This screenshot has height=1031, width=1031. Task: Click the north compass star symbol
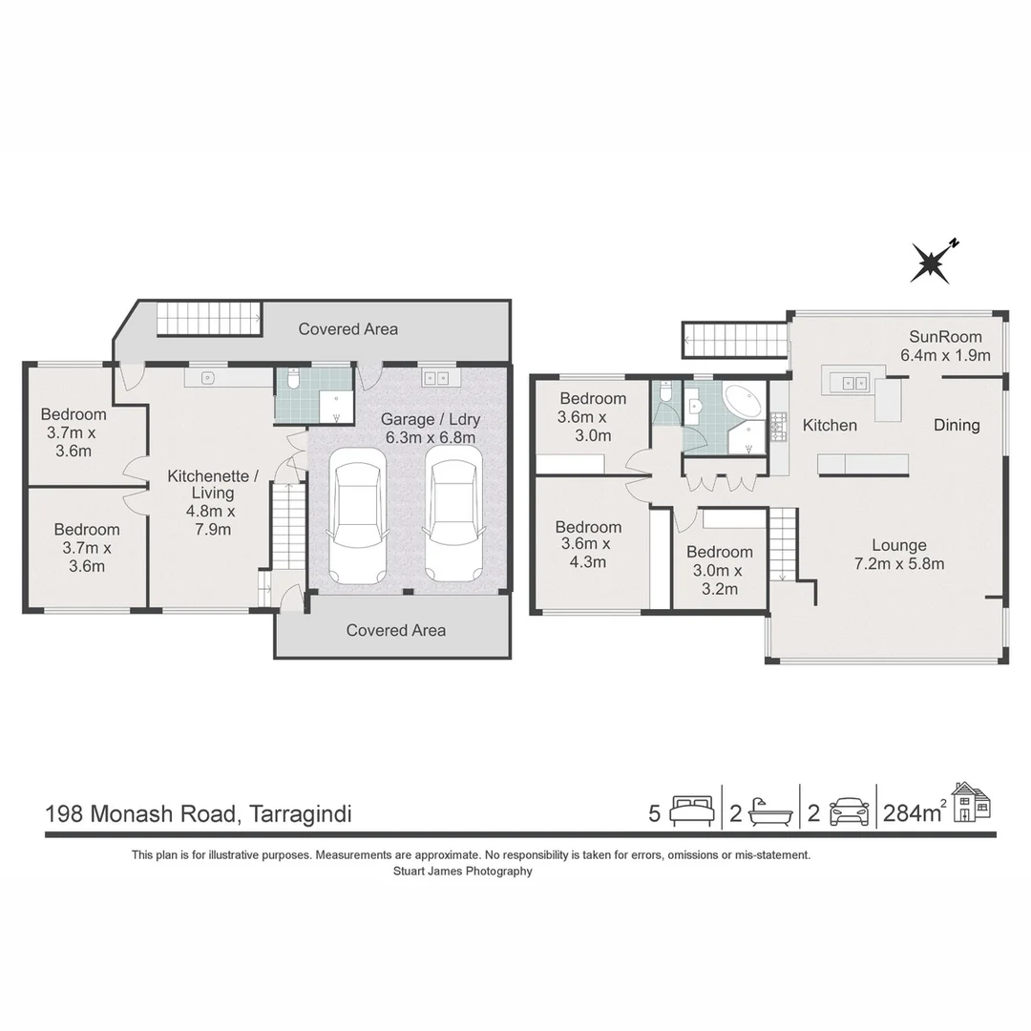931,263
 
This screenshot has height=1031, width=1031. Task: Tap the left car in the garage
357,515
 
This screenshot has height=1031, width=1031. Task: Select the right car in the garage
452,515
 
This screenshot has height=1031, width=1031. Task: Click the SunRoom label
945,346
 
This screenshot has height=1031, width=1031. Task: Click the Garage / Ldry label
430,428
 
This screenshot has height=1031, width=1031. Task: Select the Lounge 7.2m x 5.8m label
898,555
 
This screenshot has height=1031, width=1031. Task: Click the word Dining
957,425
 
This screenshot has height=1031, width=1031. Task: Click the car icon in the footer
849,812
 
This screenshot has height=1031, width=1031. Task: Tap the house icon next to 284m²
972,802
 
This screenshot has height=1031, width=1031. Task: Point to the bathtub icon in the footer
771,812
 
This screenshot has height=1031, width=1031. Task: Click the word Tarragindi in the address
299,814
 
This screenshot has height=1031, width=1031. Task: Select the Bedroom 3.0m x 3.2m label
719,570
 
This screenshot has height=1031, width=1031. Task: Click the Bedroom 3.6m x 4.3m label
588,544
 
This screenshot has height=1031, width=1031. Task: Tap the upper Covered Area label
347,328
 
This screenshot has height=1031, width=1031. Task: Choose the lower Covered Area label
395,630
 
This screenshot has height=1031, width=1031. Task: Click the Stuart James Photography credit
463,871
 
